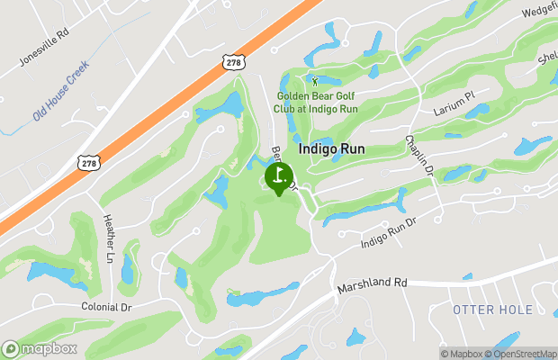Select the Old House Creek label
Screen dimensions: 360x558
tap(61, 91)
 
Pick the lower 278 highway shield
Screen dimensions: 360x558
tap(87, 162)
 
